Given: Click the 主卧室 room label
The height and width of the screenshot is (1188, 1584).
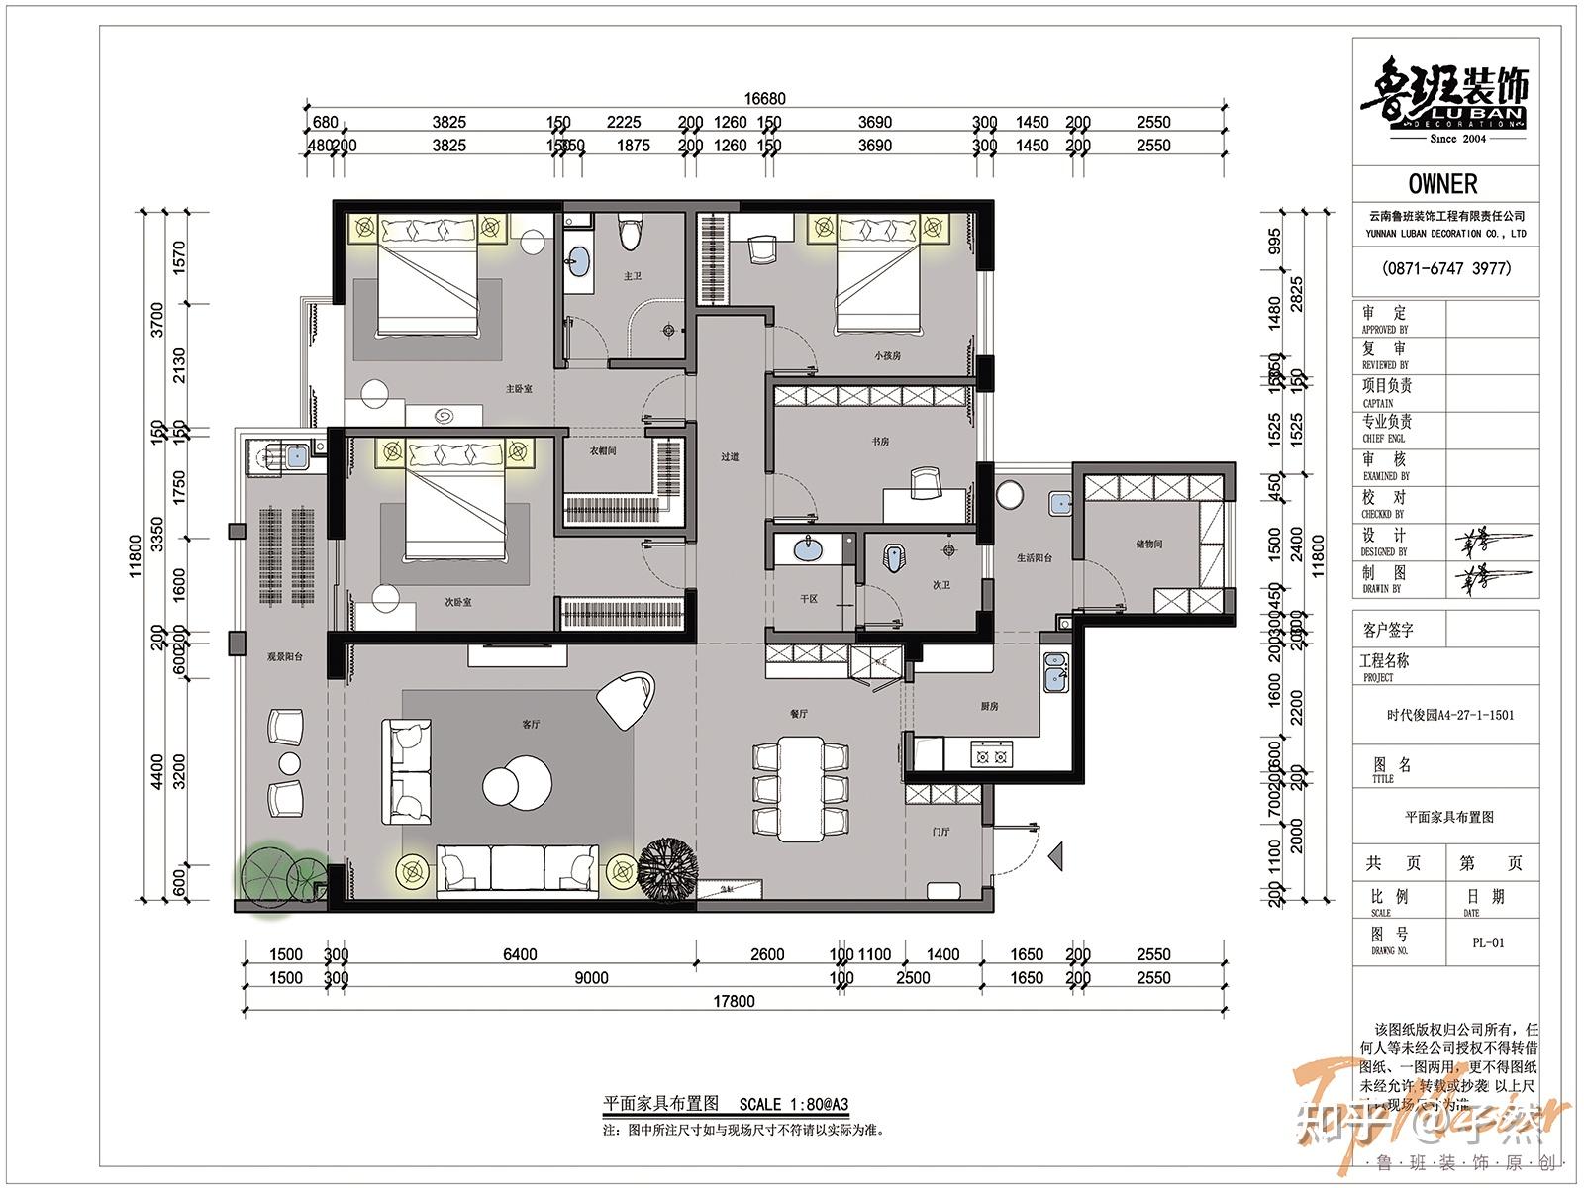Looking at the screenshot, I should (x=519, y=389).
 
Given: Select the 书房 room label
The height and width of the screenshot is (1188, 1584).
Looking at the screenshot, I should (x=879, y=443).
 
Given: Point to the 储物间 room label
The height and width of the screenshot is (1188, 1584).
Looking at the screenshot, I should (x=1149, y=544).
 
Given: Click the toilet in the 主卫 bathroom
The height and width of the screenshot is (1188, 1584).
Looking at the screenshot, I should (x=626, y=235).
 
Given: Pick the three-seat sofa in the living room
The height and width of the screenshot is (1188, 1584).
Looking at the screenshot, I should (x=516, y=868).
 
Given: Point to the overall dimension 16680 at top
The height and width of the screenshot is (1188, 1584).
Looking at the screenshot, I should (x=764, y=99).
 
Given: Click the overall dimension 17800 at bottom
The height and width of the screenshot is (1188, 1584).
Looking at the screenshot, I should (x=734, y=1001).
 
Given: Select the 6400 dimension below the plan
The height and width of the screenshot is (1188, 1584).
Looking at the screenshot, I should (x=520, y=954).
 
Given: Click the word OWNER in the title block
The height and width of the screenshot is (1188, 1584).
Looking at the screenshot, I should (x=1442, y=184).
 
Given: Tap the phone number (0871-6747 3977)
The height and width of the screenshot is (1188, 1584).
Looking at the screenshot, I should (x=1446, y=268).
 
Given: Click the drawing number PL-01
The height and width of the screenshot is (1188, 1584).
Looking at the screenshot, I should (x=1489, y=942).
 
